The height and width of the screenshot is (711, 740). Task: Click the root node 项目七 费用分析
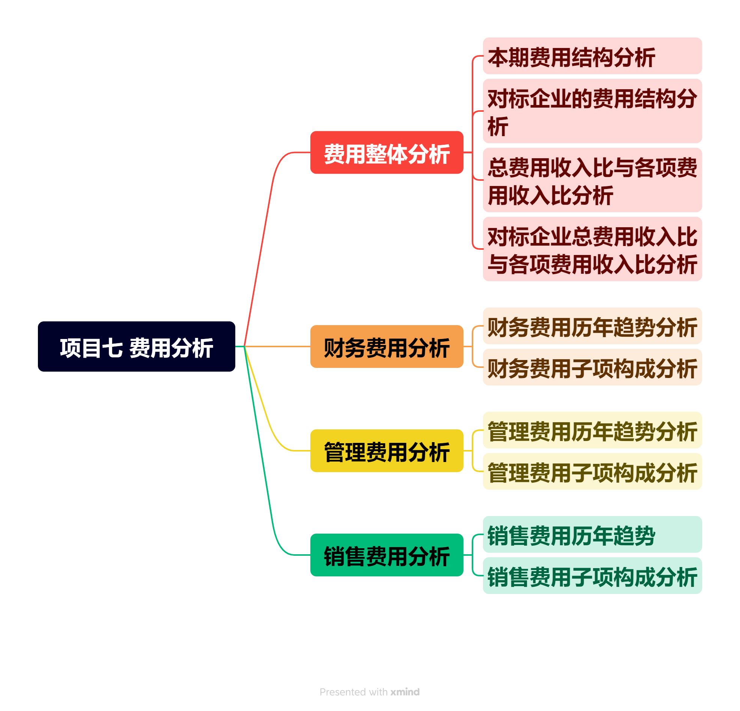click(136, 346)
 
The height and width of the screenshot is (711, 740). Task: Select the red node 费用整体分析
click(387, 153)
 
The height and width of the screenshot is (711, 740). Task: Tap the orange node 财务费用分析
click(387, 346)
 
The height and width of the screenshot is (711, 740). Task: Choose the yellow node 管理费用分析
click(387, 451)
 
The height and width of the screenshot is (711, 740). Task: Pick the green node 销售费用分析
click(387, 555)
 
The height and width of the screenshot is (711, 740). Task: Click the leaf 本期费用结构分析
click(592, 56)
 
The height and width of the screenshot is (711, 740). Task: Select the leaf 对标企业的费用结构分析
click(592, 111)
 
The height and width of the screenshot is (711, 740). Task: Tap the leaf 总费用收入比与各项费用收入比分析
click(592, 180)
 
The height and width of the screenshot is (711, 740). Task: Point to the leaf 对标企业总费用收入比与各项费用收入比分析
click(592, 249)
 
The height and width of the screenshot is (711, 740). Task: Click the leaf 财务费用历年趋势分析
click(592, 326)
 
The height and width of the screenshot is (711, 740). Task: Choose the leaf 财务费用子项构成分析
click(592, 367)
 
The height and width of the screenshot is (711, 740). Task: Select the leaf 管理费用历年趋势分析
click(592, 430)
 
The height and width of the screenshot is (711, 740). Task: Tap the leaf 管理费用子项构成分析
click(592, 471)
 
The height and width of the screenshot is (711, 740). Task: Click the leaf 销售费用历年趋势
click(592, 534)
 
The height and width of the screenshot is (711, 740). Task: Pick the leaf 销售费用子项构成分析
click(592, 576)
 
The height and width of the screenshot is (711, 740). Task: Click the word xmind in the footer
click(405, 692)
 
